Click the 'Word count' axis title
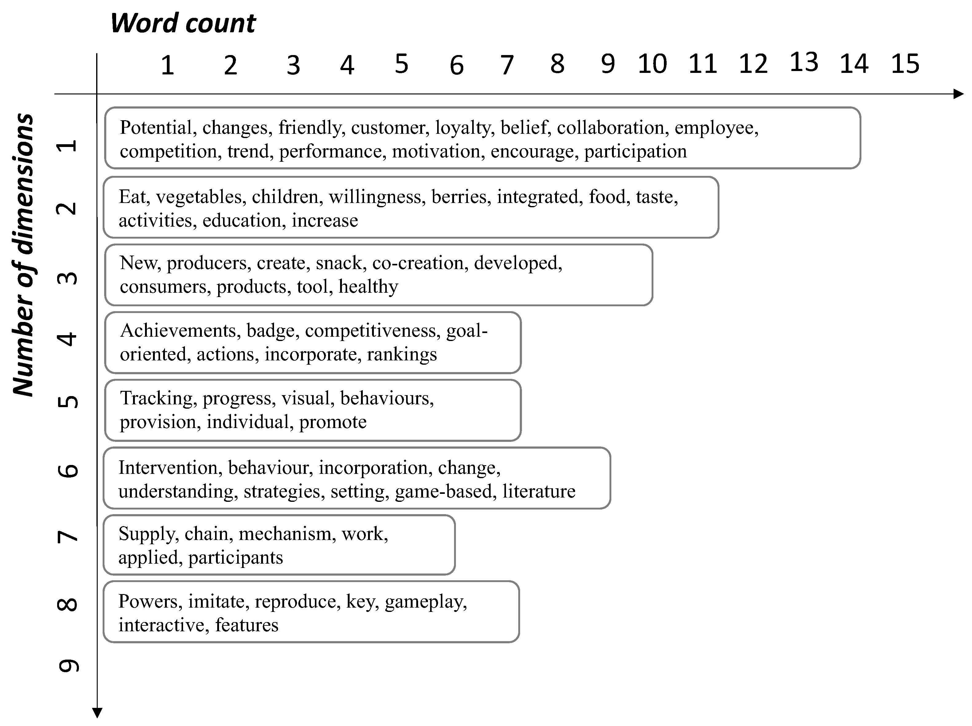(183, 23)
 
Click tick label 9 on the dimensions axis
(69, 666)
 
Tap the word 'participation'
(635, 152)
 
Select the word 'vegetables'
(199, 197)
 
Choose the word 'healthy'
(368, 287)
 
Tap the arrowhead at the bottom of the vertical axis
(97, 713)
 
